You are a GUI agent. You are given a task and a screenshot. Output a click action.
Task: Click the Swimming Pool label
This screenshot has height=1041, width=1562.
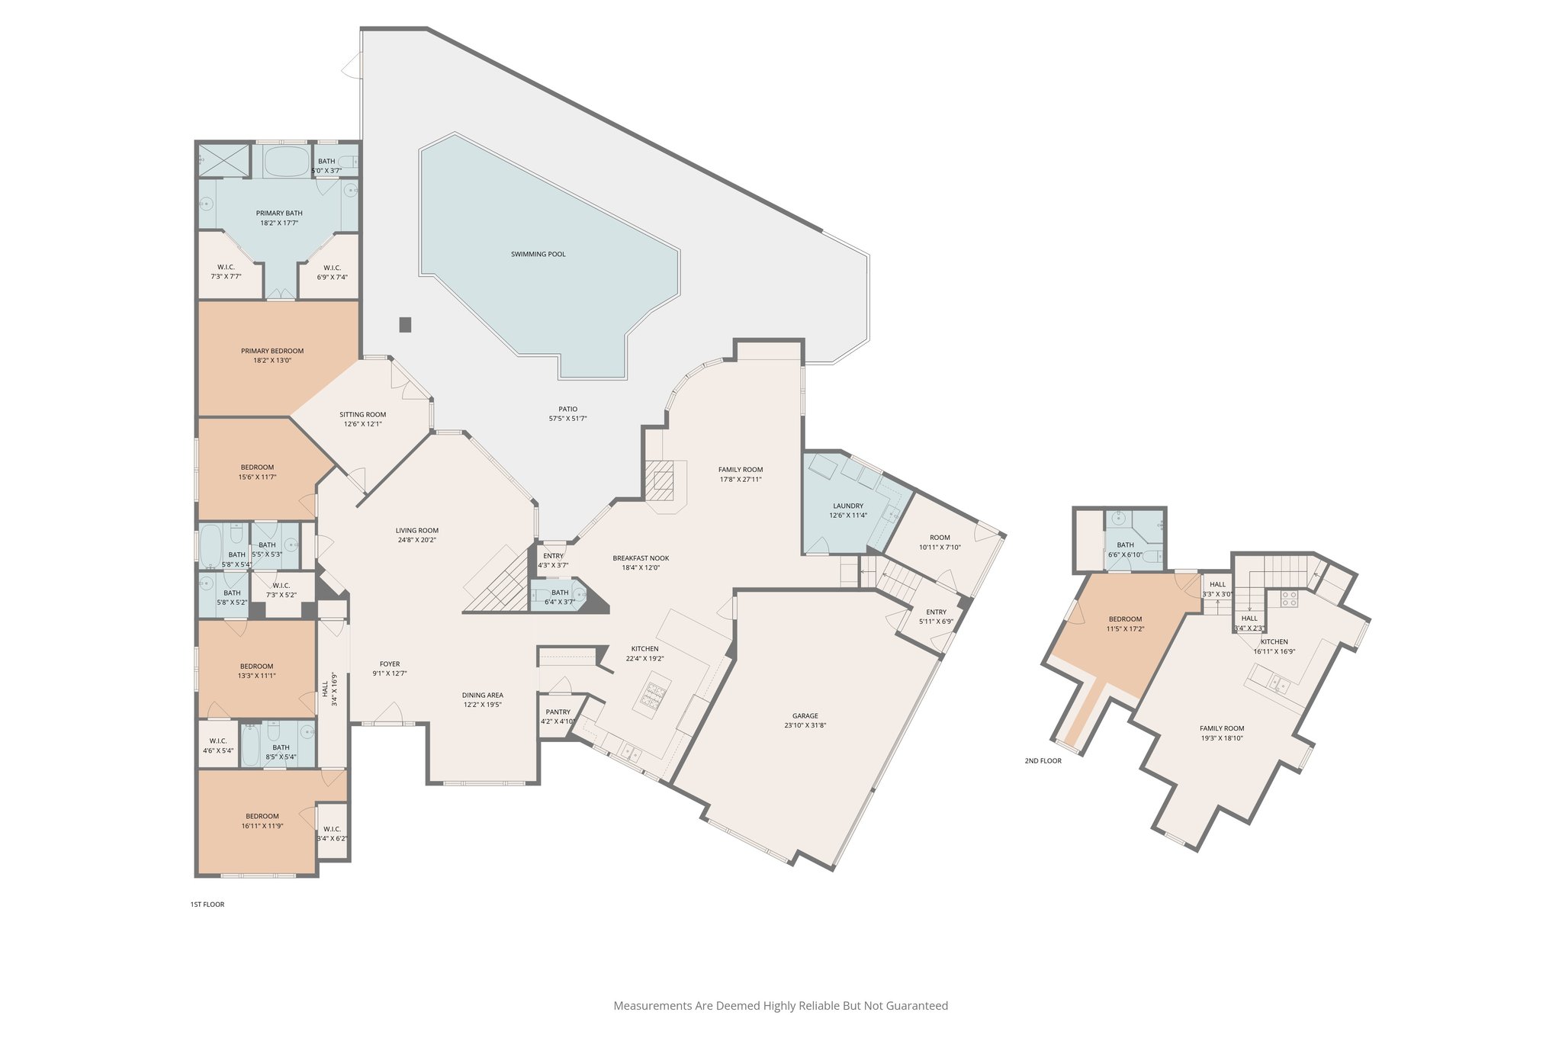[538, 254]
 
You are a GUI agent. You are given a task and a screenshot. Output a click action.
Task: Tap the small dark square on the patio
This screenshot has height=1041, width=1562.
[405, 325]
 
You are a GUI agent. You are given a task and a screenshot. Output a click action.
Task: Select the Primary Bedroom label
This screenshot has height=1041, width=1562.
[272, 351]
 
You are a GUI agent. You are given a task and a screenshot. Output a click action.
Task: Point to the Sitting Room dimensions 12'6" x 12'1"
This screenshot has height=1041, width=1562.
[362, 424]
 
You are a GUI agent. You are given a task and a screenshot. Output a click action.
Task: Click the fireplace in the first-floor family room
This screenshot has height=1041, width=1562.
[660, 480]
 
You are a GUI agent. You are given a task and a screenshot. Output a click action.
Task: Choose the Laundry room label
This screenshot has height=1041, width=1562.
[848, 506]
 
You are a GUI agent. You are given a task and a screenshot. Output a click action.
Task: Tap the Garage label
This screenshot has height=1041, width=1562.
[805, 715]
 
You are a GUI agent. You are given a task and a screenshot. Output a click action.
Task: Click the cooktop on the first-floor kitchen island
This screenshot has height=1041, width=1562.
[651, 696]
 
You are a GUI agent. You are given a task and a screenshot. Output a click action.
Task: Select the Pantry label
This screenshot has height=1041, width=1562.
[558, 712]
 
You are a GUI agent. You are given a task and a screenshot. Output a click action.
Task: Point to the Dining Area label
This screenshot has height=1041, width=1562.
[482, 695]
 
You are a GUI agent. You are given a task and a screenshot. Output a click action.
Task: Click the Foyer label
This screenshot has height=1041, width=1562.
[390, 663]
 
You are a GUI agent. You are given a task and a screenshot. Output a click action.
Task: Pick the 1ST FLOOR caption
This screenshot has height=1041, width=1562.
[207, 904]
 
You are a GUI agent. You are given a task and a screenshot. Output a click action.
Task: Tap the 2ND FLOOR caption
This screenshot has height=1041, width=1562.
[1043, 760]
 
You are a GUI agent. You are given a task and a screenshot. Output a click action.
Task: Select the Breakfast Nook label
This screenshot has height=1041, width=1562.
[641, 557]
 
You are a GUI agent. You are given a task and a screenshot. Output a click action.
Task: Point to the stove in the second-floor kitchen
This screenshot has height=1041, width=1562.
[1289, 599]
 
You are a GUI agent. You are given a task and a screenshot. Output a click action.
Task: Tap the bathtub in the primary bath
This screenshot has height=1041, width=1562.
[286, 161]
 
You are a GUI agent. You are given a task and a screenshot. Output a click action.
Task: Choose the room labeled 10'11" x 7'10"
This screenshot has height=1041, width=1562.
[940, 542]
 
